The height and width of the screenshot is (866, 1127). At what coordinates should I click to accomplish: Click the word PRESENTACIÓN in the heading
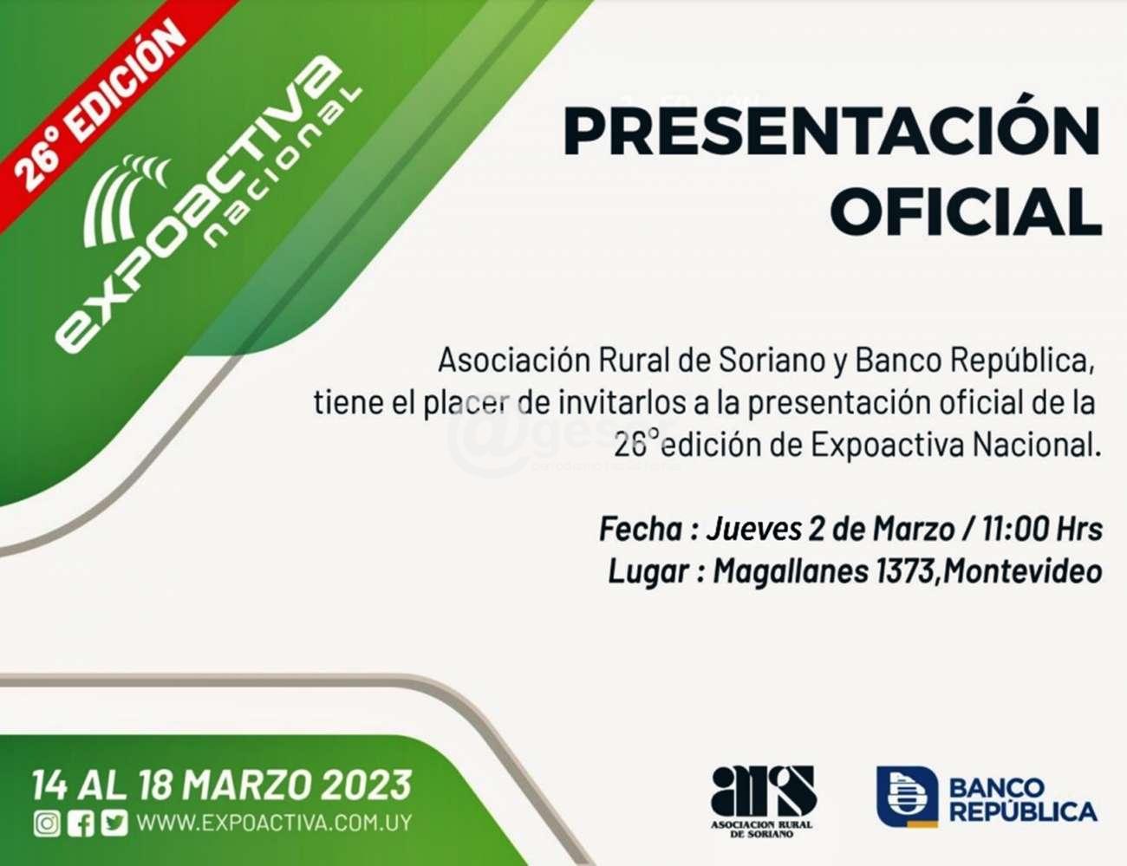[x=832, y=130]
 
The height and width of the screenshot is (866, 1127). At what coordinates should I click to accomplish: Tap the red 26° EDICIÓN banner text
[x=99, y=105]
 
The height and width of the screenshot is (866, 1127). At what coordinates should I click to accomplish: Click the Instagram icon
[x=48, y=824]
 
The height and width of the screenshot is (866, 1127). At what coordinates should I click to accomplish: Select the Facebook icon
[x=81, y=824]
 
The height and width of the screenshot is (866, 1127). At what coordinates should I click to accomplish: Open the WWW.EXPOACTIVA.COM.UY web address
[x=274, y=824]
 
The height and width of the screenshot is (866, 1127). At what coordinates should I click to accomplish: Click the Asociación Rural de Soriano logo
[x=762, y=802]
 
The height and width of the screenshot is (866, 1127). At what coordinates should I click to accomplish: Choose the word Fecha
[x=641, y=530]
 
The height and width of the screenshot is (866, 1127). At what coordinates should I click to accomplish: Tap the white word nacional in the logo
[x=283, y=167]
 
